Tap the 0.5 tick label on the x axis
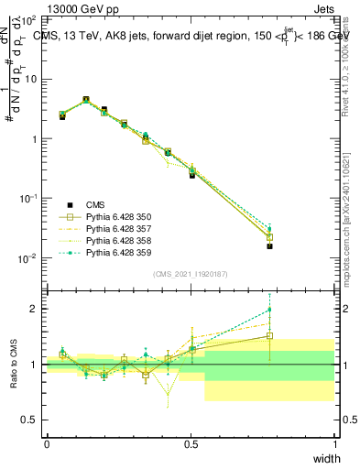[x=191, y=443]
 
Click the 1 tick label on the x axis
[x=334, y=443]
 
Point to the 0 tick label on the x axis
[x=47, y=443]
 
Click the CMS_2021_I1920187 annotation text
[x=191, y=274]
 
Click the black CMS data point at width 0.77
[x=269, y=245]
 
